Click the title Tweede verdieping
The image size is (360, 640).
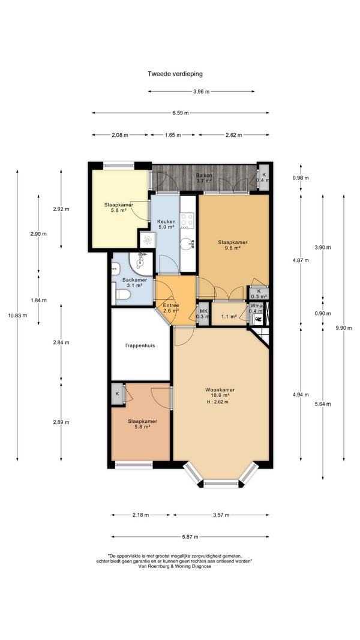coord(175,74)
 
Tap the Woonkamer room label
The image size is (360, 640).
coord(220,389)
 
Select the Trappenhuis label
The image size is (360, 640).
coord(140,345)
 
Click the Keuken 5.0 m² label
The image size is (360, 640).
coord(166,224)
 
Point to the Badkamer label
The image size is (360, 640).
coord(134,280)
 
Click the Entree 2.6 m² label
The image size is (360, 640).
coord(172,308)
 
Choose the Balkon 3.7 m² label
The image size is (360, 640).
coord(203,178)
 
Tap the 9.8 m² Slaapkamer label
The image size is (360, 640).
coord(232,245)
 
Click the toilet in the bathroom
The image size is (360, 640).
coord(122,295)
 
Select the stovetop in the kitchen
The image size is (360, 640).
coord(187,221)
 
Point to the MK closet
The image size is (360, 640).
coord(203,314)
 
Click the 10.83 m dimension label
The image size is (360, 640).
coord(18,315)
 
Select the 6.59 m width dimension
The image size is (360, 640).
coord(181,113)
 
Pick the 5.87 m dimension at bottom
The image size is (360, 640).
coord(190,537)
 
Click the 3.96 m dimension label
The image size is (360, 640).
coord(201,91)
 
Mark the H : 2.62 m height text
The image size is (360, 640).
coord(218,402)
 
